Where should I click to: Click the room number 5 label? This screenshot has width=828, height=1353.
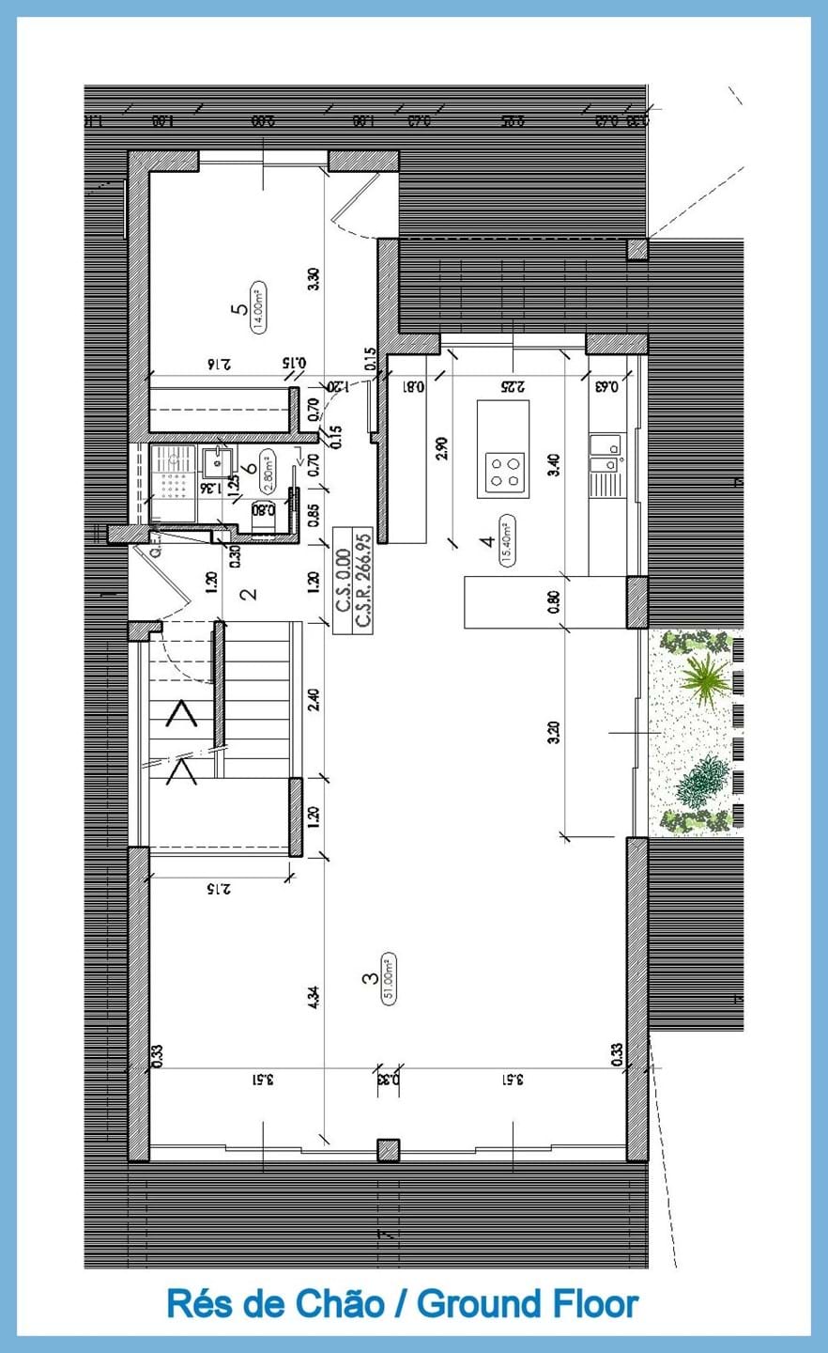point(242,307)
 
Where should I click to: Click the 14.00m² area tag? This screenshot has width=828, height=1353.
point(258,307)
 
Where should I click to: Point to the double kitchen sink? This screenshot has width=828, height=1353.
point(605,452)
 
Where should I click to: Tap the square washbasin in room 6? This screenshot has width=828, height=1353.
point(220,461)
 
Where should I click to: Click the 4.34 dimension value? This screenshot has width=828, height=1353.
point(313,997)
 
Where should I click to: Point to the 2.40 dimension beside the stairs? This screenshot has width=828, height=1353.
point(314,700)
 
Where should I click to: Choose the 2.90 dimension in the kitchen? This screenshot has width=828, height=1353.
point(442,447)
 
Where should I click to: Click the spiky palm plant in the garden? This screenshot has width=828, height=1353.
point(704,673)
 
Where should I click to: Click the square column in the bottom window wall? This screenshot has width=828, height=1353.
point(388,1150)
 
